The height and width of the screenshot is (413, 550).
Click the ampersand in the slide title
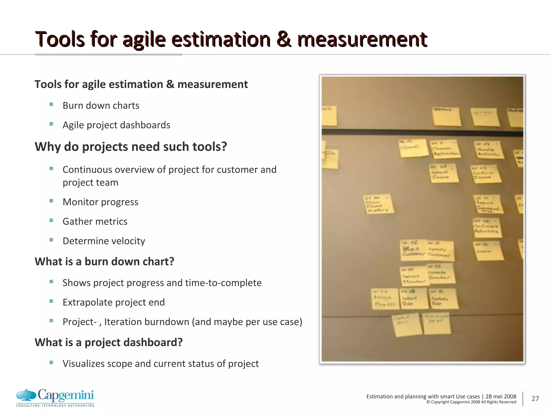(x=284, y=40)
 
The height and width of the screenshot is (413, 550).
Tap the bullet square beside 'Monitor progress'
(x=51, y=201)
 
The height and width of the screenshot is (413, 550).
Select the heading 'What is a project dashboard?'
(x=108, y=343)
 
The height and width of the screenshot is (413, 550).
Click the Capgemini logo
(x=55, y=397)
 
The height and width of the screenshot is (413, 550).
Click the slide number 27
(x=535, y=398)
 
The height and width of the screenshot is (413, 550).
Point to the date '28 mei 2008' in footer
(x=501, y=396)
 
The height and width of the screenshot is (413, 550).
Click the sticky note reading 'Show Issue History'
(x=378, y=204)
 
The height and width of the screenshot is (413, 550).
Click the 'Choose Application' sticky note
(x=444, y=149)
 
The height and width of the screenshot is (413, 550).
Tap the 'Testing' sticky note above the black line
(x=446, y=116)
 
